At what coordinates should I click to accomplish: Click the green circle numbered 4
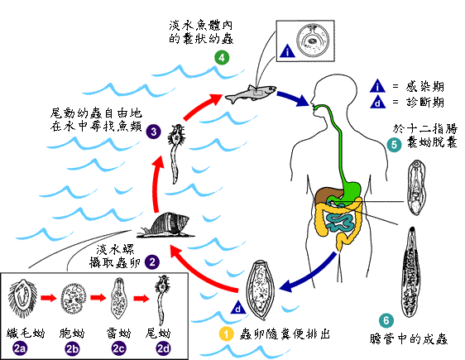(x=221, y=58)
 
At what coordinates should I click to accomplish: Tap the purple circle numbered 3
(x=154, y=131)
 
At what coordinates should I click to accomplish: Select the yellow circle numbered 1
(x=226, y=334)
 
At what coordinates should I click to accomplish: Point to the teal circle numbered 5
(x=395, y=145)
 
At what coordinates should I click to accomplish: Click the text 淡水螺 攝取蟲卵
(x=119, y=254)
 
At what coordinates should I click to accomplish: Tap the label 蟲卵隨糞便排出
(x=283, y=334)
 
